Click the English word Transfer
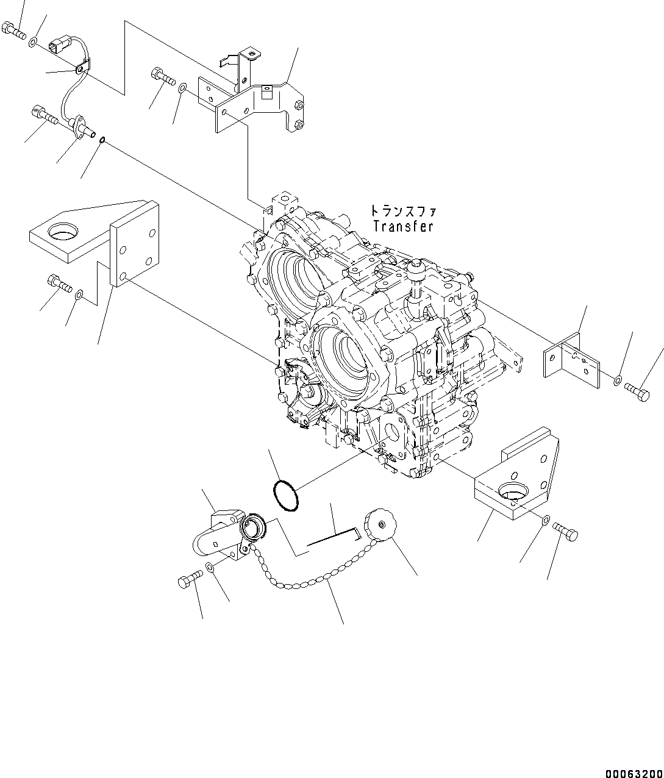(403, 226)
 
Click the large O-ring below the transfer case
(285, 495)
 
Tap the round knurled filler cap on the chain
(380, 526)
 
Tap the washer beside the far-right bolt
(618, 381)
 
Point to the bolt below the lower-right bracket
(566, 533)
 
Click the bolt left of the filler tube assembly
(190, 580)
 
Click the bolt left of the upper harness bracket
(161, 77)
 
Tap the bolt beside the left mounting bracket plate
(59, 284)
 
